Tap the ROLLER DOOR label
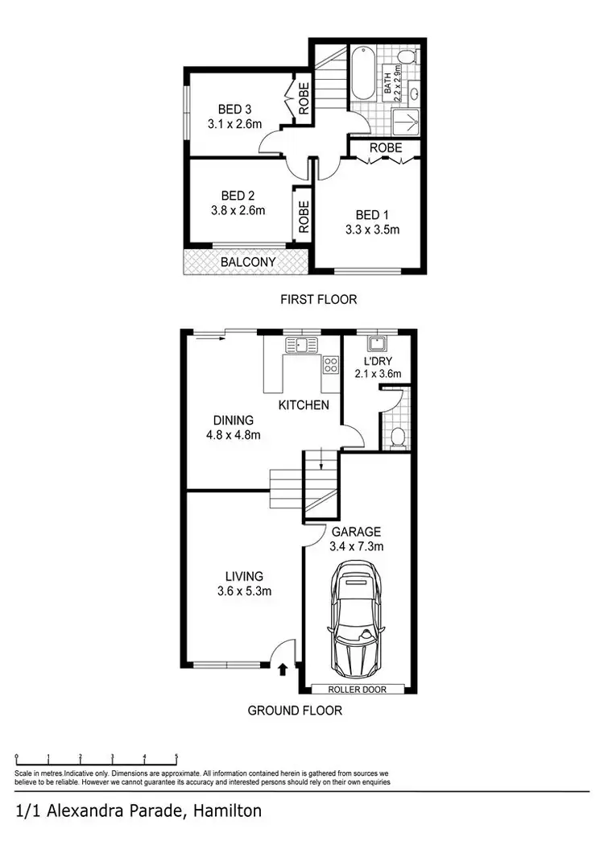tap(358, 689)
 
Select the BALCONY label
tap(248, 262)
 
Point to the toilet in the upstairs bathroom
tap(407, 56)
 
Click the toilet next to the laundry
tap(396, 437)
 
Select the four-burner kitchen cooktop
tap(330, 365)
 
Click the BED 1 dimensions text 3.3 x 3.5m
tap(372, 229)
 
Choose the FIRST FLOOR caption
tap(318, 300)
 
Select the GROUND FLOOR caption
tap(295, 711)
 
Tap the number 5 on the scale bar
tap(176, 757)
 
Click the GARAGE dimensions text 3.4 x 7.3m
tap(355, 546)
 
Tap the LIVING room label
tap(244, 576)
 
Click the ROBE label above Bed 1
tap(386, 148)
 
